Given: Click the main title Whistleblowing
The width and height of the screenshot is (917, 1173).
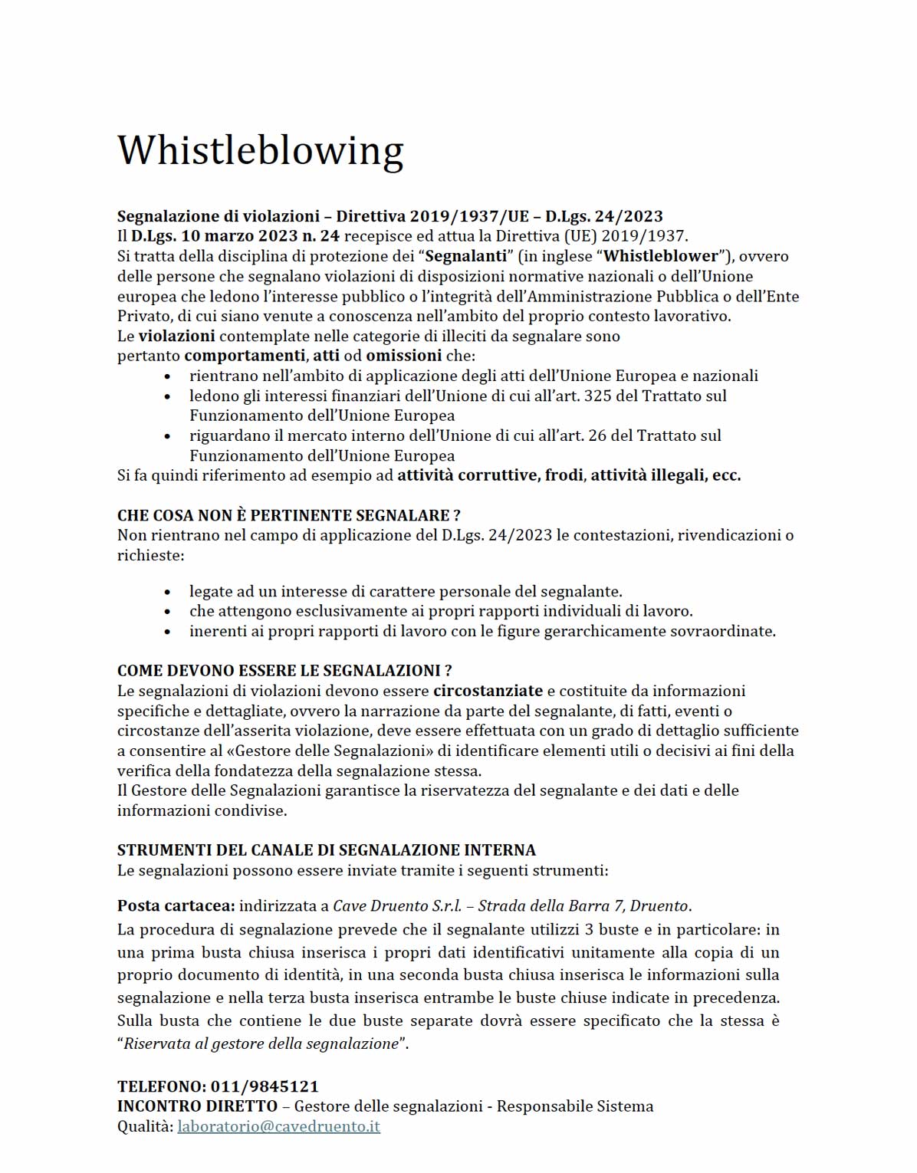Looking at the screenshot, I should pyautogui.click(x=260, y=149).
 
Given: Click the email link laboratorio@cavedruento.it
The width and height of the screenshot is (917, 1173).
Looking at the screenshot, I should pyautogui.click(x=278, y=1126).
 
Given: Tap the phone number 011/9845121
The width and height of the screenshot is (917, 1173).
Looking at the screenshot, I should pyautogui.click(x=265, y=1086).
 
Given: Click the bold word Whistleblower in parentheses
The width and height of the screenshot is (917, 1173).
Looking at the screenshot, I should pyautogui.click(x=661, y=256).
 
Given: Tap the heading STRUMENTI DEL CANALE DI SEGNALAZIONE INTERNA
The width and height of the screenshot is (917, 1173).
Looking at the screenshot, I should pyautogui.click(x=326, y=849).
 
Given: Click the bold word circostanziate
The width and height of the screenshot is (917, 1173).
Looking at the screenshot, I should pyautogui.click(x=488, y=691).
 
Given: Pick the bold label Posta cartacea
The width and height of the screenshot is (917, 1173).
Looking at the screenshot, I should pyautogui.click(x=176, y=905).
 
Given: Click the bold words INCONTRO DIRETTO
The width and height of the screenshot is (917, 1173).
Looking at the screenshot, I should pyautogui.click(x=197, y=1106).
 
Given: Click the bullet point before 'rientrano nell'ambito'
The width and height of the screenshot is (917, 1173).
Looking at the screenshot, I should pyautogui.click(x=168, y=376).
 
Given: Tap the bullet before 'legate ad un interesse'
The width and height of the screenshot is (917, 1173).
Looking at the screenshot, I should pyautogui.click(x=168, y=592).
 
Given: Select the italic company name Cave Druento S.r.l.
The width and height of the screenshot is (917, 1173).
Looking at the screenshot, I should pyautogui.click(x=397, y=905).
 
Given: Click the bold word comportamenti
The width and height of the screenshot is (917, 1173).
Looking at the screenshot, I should pyautogui.click(x=245, y=356).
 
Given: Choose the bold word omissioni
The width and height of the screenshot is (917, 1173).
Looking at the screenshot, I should pyautogui.click(x=403, y=356).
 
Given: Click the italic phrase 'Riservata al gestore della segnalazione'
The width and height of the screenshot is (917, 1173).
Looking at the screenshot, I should pyautogui.click(x=261, y=1043).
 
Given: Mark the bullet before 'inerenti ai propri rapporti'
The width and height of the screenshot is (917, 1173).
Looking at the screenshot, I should pyautogui.click(x=168, y=632).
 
